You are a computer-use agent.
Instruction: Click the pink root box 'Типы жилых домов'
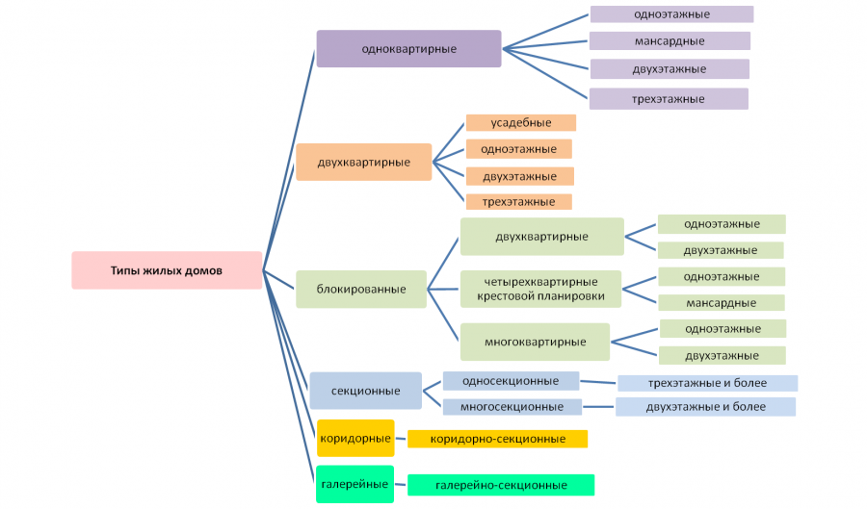point(167,270)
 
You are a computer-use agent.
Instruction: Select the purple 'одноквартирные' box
point(408,48)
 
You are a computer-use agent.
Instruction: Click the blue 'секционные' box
point(365,391)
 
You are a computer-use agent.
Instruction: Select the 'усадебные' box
point(520,123)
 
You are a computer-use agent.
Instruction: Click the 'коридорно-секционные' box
point(497,439)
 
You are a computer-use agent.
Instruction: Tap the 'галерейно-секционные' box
point(500,485)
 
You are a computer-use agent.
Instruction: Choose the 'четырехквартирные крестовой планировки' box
point(540,289)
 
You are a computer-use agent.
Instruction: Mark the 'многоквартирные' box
point(535,342)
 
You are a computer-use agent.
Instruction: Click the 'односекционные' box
point(511,381)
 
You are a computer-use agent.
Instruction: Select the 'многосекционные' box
point(512,407)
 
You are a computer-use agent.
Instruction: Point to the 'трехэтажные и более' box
point(707,383)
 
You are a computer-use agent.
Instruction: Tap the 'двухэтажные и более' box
point(705,407)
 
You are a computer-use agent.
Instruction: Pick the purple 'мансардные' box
point(669,41)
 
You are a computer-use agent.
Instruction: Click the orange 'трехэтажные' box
point(518,202)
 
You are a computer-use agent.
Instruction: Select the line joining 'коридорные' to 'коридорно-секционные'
point(401,439)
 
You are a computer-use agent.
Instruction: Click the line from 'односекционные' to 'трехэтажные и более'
point(598,382)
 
